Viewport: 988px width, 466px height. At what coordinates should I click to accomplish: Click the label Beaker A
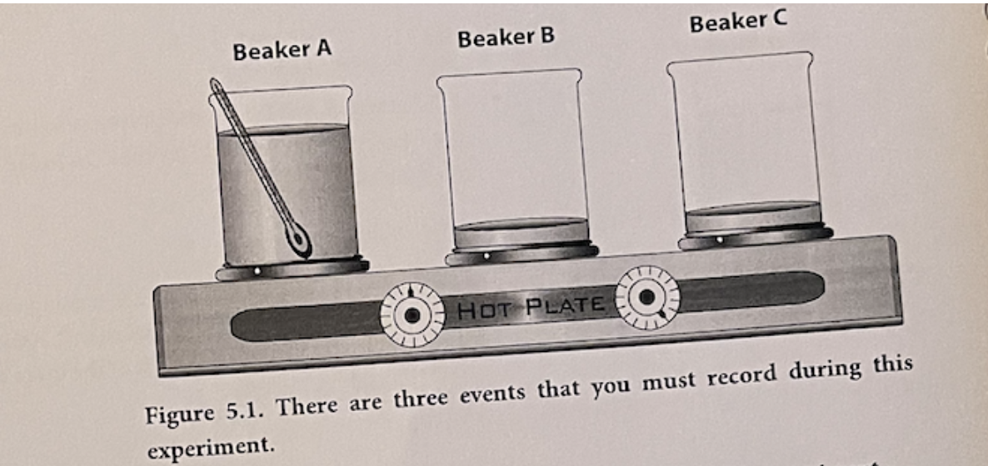click(282, 51)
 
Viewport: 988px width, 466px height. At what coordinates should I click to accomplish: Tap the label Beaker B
click(505, 38)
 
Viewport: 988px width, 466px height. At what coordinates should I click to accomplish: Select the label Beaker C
click(737, 23)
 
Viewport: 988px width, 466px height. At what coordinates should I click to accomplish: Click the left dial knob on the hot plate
click(412, 315)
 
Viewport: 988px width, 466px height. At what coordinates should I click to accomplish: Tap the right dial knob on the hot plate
click(646, 297)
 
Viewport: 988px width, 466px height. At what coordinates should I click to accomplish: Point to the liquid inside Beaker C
click(752, 219)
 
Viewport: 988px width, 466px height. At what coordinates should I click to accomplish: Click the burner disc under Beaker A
click(292, 270)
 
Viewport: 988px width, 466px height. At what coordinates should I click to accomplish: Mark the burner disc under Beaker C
click(755, 238)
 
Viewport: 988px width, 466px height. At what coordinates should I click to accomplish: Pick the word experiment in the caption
click(210, 447)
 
